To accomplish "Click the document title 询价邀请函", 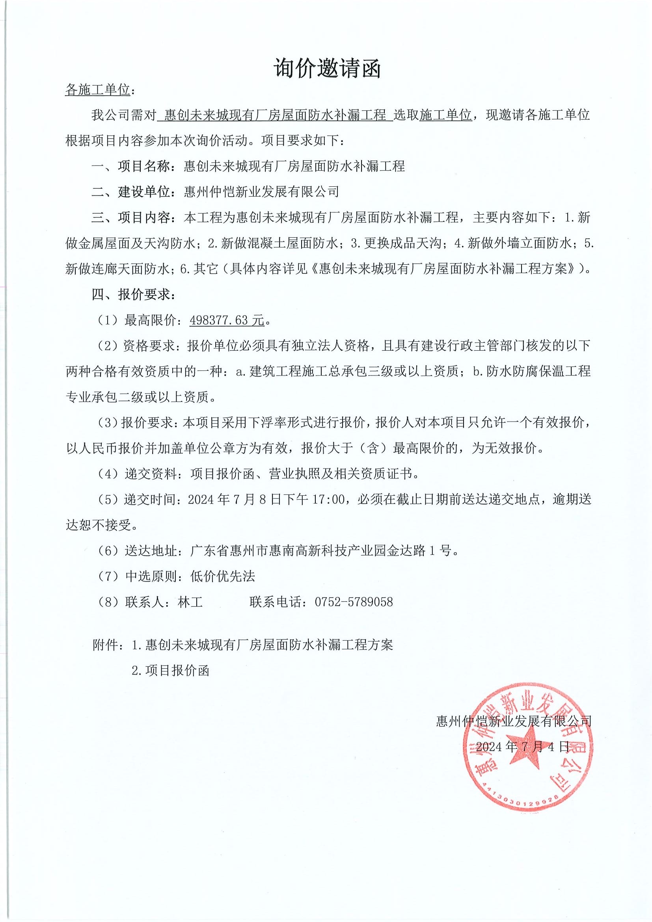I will (327, 68).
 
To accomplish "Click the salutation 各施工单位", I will (98, 90).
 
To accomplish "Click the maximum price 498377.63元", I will (227, 320).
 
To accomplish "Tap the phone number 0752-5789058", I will (354, 602).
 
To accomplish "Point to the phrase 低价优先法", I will (222, 576).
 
